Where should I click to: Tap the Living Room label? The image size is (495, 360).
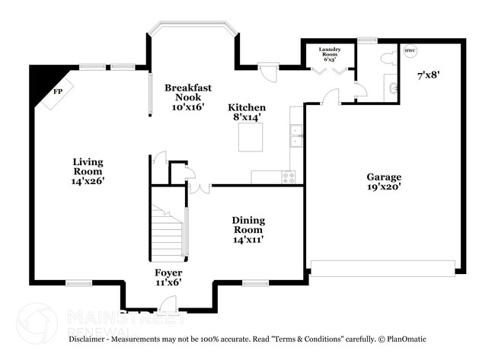pyautogui.click(x=88, y=171)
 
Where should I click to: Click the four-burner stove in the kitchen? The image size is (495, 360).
pyautogui.click(x=289, y=177)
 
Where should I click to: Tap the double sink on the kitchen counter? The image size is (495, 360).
pyautogui.click(x=295, y=135)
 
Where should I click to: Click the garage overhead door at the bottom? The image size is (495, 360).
pyautogui.click(x=383, y=267)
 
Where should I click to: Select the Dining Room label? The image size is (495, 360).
pyautogui.click(x=248, y=229)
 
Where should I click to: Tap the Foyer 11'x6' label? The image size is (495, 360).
pyautogui.click(x=168, y=277)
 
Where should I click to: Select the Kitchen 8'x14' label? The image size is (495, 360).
pyautogui.click(x=247, y=113)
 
